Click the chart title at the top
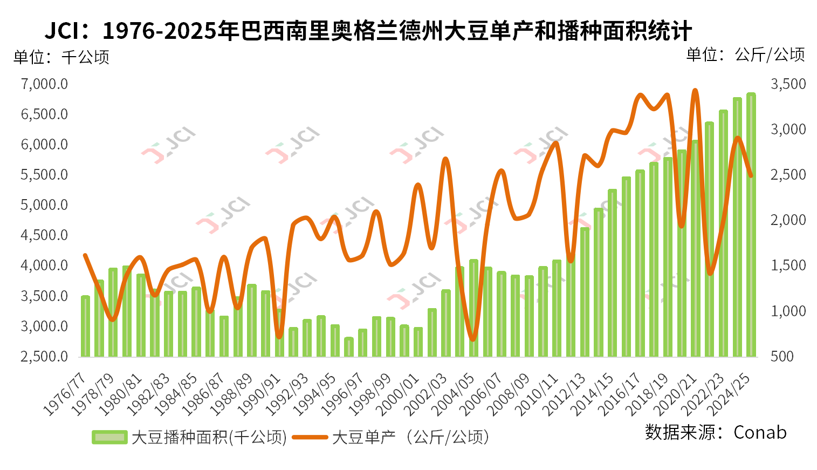tap(368, 31)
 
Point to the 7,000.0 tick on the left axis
tap(44, 84)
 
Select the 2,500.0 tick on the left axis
tap(44, 356)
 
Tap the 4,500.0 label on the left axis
tap(44, 235)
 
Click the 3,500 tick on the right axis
tap(788, 84)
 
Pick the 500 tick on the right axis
tap(782, 356)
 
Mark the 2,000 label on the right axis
tap(788, 220)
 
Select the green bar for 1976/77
tap(85, 326)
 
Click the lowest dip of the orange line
tap(473, 339)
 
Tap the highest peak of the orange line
tap(695, 91)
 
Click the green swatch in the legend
tap(109, 437)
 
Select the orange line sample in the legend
tap(310, 437)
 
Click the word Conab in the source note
tap(760, 432)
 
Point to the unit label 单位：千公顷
tap(61, 57)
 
